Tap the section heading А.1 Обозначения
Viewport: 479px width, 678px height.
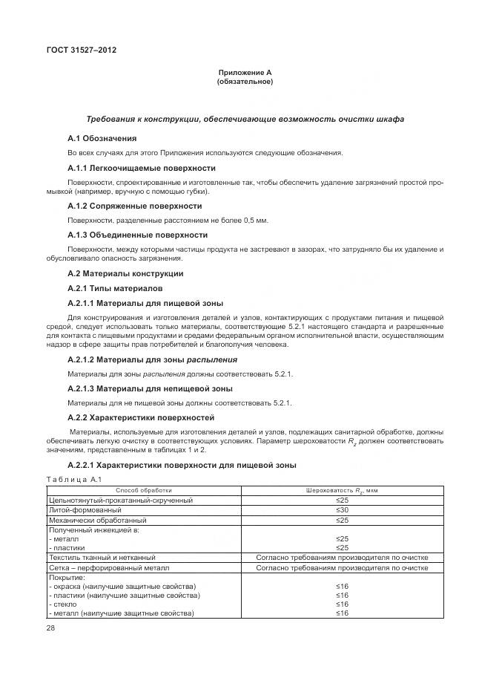point(102,138)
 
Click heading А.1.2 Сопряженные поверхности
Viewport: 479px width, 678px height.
point(134,206)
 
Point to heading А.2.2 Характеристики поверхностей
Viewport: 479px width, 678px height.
point(140,417)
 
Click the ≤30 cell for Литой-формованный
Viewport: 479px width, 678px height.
point(342,510)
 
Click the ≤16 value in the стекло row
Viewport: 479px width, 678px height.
point(342,604)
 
